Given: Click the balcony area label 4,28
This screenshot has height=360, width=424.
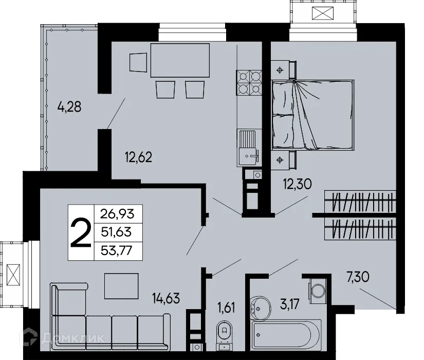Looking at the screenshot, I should (70, 109).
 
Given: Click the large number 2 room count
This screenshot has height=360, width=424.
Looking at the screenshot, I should (81, 232).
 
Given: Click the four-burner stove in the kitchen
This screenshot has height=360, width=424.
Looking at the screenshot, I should (249, 83).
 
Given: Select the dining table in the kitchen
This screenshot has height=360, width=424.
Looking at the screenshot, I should (180, 61).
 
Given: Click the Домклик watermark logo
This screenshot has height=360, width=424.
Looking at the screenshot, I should (62, 338).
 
